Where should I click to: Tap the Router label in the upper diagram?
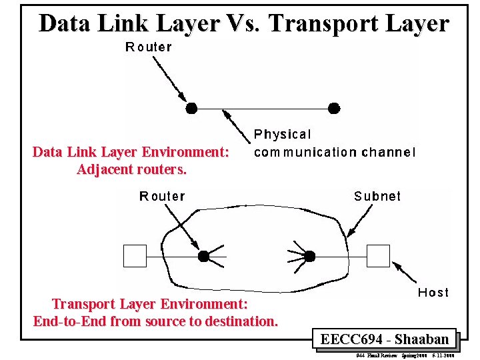(149, 47)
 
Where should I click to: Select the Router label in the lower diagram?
(162, 196)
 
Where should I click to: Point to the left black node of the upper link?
(191, 107)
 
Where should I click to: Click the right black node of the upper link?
(335, 107)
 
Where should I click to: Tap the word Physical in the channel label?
(282, 135)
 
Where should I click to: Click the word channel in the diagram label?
(388, 152)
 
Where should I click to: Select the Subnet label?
(377, 196)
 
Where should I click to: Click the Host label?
(433, 292)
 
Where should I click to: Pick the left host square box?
(135, 256)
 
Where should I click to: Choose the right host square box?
(379, 256)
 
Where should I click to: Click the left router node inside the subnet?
(204, 255)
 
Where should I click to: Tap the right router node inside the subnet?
(309, 255)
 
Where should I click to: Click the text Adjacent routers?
(132, 169)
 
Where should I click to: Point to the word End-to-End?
(70, 321)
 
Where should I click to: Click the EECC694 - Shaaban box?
(384, 339)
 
